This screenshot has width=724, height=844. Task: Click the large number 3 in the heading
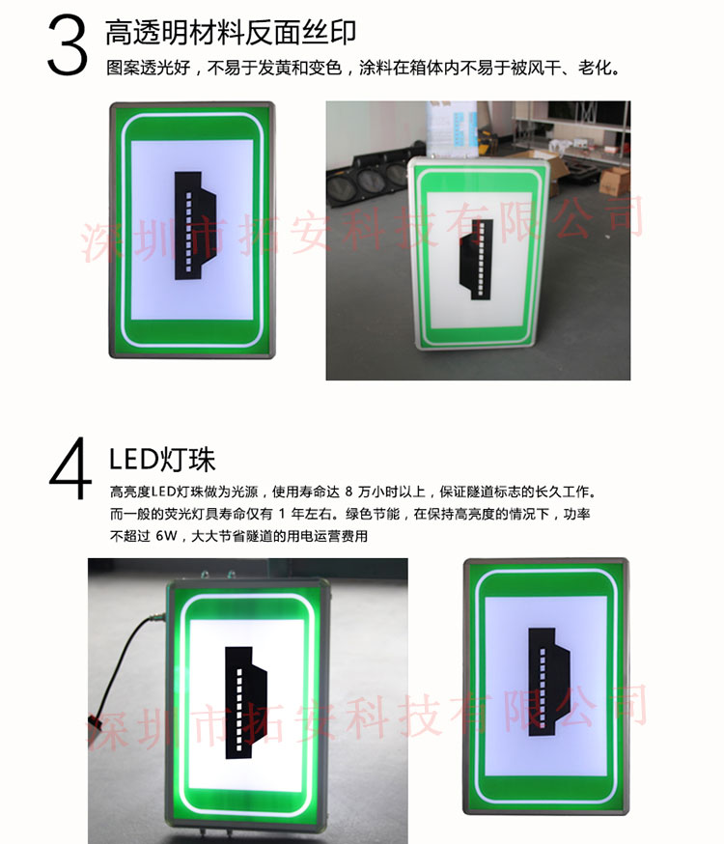[67, 44]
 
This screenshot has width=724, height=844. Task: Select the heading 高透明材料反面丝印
[231, 32]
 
